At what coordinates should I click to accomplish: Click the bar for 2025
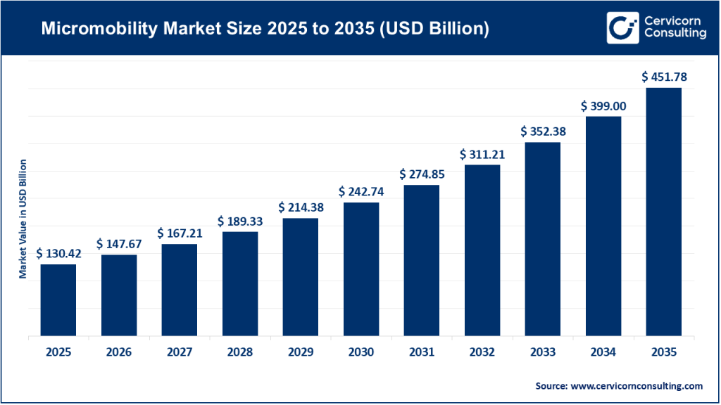click(x=58, y=300)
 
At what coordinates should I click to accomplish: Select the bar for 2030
click(x=361, y=269)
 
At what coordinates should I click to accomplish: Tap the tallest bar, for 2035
click(x=663, y=212)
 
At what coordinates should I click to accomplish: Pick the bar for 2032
click(x=482, y=250)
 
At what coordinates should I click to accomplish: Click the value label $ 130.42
click(x=58, y=253)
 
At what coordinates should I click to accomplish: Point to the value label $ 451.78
click(x=663, y=77)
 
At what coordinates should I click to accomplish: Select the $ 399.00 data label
click(x=603, y=105)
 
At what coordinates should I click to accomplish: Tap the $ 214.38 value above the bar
click(x=301, y=207)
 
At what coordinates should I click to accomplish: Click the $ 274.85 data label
click(x=422, y=174)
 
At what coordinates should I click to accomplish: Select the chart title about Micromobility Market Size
click(x=265, y=30)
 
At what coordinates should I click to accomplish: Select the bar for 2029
click(x=301, y=277)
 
